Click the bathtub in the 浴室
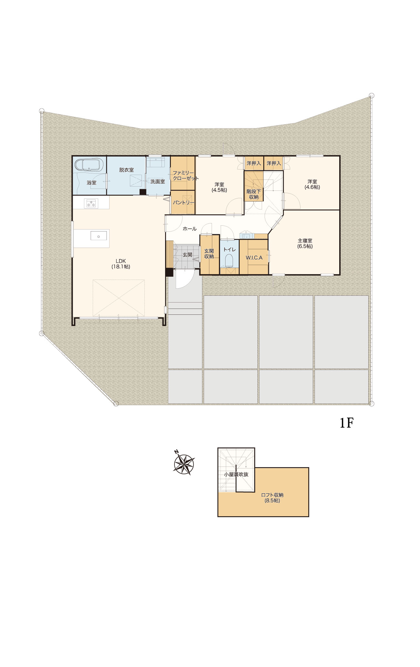(89, 165)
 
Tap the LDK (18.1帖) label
(121, 264)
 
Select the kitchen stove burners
(91, 204)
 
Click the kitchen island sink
(99, 236)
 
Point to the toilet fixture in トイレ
(229, 260)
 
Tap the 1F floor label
(346, 423)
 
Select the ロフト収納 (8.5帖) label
(272, 498)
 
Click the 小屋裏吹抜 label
(236, 475)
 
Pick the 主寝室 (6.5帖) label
(305, 243)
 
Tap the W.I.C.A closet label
(254, 258)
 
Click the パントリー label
(184, 203)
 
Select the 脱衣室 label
(126, 170)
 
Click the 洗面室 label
(158, 181)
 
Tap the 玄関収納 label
(209, 253)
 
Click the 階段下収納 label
(254, 194)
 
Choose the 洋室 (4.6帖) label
(312, 184)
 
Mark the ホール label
(190, 229)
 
